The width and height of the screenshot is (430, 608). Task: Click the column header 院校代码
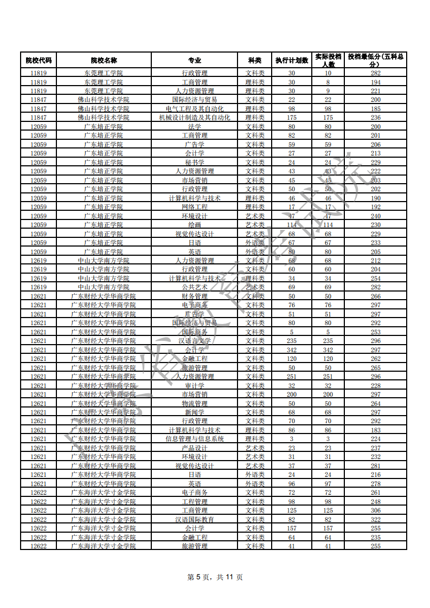[x=38, y=60]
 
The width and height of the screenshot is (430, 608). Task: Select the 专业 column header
[x=194, y=60]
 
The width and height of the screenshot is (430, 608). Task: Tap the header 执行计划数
[x=292, y=60]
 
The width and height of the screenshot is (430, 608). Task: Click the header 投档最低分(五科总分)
[x=375, y=60]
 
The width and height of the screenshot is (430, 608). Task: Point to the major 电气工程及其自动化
[x=194, y=109]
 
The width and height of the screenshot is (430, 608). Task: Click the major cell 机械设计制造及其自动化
[x=194, y=118]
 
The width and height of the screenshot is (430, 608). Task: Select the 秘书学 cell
[x=194, y=163]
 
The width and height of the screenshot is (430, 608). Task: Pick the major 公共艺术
[x=194, y=287]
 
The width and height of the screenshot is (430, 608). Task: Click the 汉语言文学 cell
[x=194, y=341]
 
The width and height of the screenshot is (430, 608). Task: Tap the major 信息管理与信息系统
[x=194, y=439]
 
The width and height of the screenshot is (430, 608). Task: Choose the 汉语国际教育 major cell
[x=194, y=519]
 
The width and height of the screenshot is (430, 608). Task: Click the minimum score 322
[x=375, y=519]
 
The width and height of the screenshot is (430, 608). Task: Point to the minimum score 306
[x=375, y=510]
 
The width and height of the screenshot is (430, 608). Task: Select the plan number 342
[x=292, y=350]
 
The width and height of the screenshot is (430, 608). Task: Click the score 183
[x=375, y=430]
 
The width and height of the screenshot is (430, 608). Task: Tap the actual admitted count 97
[x=328, y=483]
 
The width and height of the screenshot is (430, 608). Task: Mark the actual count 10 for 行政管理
[x=328, y=73]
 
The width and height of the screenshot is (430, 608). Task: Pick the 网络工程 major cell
[x=194, y=207]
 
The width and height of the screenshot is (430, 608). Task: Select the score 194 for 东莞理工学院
[x=375, y=82]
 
